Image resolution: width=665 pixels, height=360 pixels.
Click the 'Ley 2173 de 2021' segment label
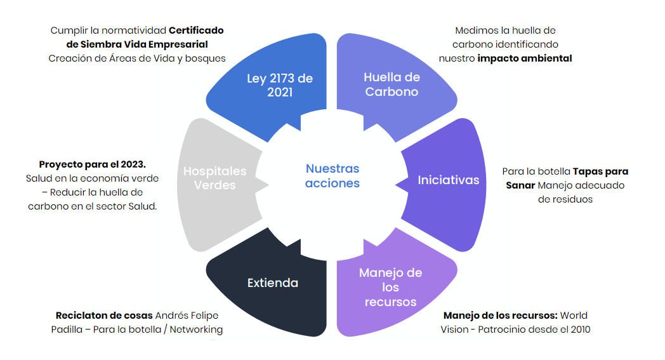(x=280, y=85)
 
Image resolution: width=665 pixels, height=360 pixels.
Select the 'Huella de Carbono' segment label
(x=392, y=84)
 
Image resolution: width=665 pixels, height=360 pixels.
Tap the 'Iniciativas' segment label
(x=448, y=180)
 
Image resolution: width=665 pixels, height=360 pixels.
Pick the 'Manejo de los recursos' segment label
(x=390, y=287)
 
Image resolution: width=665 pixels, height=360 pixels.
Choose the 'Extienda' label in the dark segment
(x=273, y=283)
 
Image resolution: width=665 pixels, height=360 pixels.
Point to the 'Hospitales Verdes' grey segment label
(x=214, y=178)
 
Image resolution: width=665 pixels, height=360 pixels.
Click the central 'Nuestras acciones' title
(x=332, y=176)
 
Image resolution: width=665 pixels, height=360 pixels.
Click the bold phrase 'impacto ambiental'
(x=525, y=58)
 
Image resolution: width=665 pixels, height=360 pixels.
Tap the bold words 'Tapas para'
(x=600, y=171)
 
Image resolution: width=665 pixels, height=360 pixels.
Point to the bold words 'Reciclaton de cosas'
(x=104, y=316)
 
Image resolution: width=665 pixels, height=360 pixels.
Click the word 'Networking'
(x=196, y=330)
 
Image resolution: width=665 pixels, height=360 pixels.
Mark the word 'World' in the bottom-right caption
(x=574, y=316)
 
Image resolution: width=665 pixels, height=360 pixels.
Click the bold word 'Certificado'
(x=196, y=30)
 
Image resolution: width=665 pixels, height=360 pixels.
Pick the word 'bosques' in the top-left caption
(x=207, y=58)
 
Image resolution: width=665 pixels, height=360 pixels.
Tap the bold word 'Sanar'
(x=520, y=185)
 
